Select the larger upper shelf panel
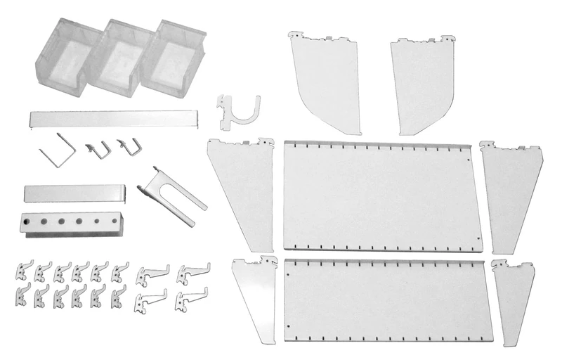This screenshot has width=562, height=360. [382, 195]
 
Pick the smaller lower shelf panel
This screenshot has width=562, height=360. [386, 299]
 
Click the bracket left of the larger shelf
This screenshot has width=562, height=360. [244, 190]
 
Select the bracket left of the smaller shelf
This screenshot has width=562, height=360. [257, 295]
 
